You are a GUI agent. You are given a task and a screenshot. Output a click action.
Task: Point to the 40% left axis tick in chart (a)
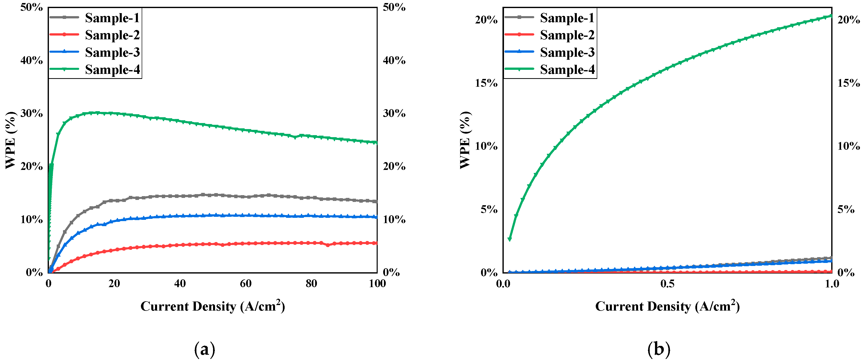point(32,61)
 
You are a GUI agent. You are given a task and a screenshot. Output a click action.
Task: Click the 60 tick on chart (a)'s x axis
point(246,284)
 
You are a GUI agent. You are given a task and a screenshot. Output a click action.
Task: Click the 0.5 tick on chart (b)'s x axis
point(667,284)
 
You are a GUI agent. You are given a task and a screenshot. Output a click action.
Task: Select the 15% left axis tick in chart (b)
point(486,83)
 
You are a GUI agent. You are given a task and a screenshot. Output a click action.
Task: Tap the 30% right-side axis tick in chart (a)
point(394,113)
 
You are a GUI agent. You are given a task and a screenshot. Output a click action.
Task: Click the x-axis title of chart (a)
point(212,306)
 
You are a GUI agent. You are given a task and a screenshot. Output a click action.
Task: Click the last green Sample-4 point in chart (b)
point(831,16)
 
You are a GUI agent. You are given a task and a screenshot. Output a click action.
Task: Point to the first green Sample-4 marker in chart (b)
point(510,239)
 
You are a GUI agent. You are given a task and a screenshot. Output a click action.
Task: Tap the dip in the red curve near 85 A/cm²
point(328,245)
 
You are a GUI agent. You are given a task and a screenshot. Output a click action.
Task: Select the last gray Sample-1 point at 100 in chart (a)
point(376,201)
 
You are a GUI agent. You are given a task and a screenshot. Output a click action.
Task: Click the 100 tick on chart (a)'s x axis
point(377,284)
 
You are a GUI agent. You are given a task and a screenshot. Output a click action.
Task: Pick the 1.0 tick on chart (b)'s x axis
point(832,284)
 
